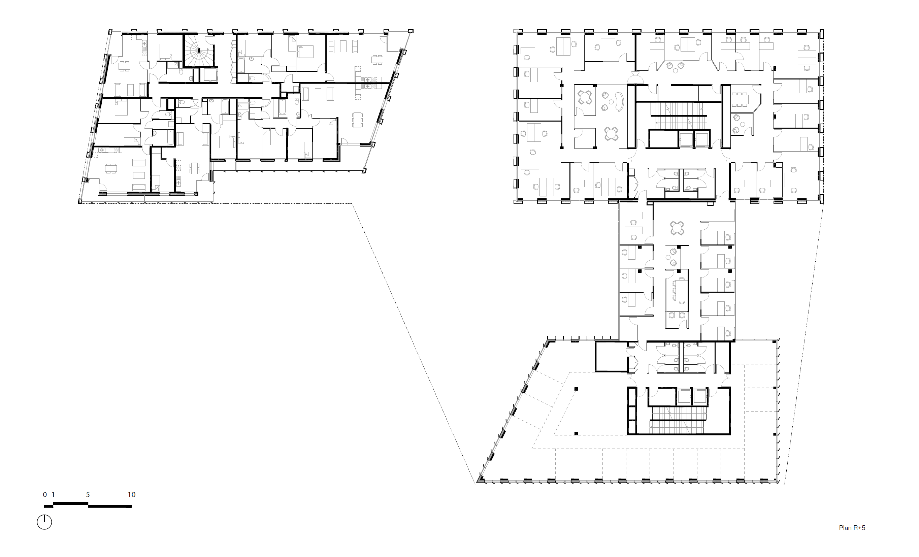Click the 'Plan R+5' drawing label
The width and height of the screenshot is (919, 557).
[852, 528]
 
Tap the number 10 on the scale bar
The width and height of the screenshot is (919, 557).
[131, 495]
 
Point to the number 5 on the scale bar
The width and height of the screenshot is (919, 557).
[88, 495]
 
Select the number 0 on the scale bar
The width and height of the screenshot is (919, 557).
[45, 495]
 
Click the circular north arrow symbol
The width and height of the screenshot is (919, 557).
[44, 522]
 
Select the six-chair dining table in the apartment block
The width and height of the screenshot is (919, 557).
[357, 120]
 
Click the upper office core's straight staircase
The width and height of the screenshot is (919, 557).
[679, 115]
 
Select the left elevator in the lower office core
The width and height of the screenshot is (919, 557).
[684, 397]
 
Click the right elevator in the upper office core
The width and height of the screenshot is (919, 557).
[701, 139]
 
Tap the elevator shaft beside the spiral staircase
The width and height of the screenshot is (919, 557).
[208, 75]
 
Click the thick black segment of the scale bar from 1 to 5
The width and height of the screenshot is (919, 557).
[70, 504]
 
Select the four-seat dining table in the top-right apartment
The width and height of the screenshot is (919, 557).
[377, 59]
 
